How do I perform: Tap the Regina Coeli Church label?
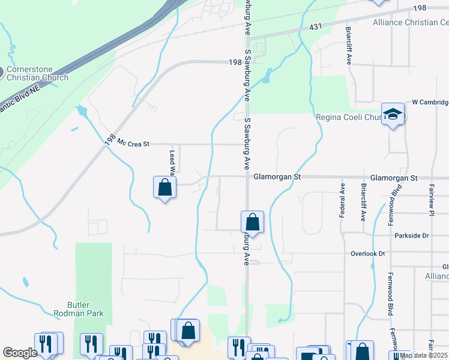348,117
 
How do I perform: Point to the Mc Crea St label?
133,144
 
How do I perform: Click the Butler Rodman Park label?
79,308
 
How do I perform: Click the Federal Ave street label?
342,200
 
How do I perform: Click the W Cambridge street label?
430,103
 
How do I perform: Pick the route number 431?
317,28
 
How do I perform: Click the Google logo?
20,353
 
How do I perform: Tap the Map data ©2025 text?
423,355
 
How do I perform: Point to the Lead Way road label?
172,162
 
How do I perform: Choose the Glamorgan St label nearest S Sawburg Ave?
277,178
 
